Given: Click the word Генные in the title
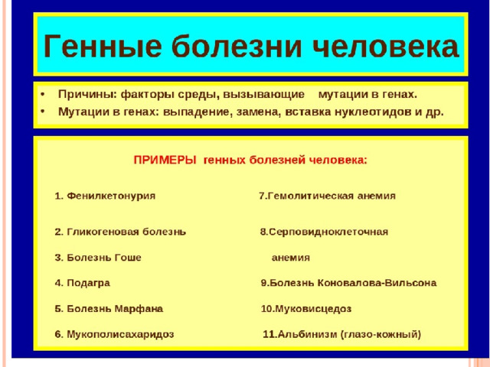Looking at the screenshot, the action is pos(103,46).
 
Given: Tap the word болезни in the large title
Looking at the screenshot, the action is pos(237,46).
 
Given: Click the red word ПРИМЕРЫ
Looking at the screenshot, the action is pos(165,160).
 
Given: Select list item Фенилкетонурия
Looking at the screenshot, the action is pos(111,196).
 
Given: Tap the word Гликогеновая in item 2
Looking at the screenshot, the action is pos(103,232).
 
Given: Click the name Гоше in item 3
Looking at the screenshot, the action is pos(128,258).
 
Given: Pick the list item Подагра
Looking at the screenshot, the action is pos(89,283).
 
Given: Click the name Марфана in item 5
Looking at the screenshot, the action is pos(139,309).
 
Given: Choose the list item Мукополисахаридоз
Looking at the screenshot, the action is pos(120,334).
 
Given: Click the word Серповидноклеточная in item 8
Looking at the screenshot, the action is pos(328,232).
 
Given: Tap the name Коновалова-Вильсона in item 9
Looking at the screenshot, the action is pos(377,283).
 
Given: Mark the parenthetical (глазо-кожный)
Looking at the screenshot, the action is pos(381,334).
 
